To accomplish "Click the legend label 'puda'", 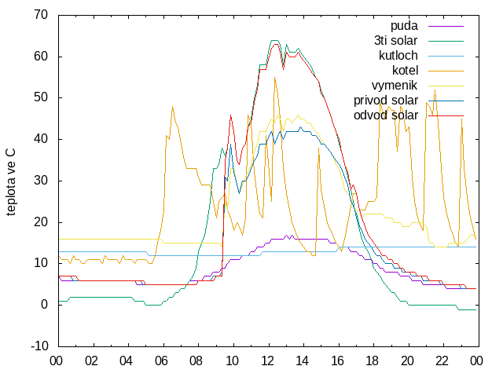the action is coord(404,26).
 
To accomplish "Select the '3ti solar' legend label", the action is coord(395,41).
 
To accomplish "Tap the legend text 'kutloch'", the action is coord(398,56).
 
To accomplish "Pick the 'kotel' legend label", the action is coord(406,70).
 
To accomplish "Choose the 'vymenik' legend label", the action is coord(395,86).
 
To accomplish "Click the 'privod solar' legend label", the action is coord(386,101).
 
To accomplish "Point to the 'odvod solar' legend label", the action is coord(386,115).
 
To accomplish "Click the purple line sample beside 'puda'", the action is coord(446,26).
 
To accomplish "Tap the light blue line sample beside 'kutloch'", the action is coord(446,56).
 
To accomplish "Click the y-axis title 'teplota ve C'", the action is coord(10,182).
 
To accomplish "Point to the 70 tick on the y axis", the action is coord(41,15).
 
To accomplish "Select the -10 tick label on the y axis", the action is coord(39,346).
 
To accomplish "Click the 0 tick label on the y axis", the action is coord(44,305).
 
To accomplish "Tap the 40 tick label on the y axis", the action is coord(41,139).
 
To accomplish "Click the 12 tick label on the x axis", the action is coord(267,361).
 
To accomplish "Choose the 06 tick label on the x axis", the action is coord(161,361).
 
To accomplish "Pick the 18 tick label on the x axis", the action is coord(372,361).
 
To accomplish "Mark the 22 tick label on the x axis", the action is coord(442,361).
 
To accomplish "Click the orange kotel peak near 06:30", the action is coord(173,107).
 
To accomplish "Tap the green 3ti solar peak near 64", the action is coord(274,40).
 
